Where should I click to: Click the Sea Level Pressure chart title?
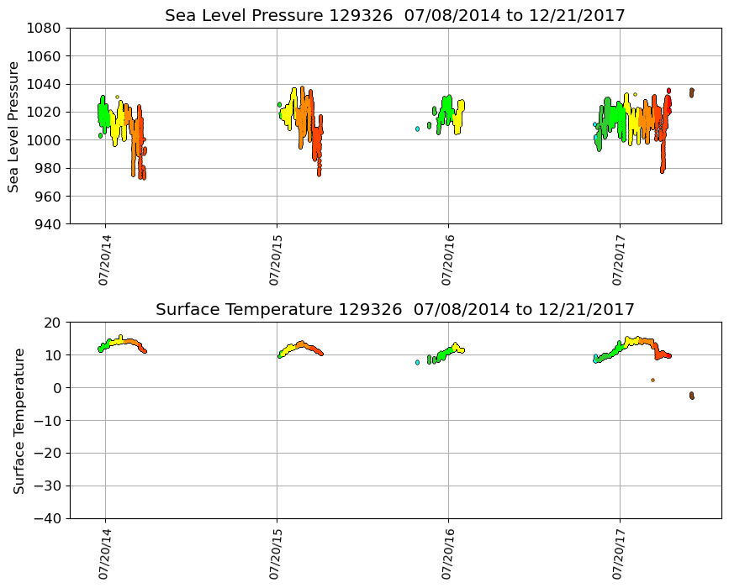tap(394, 16)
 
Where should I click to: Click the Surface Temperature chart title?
tap(394, 310)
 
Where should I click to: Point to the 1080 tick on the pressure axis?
tap(45, 28)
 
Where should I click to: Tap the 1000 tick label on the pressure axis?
tap(45, 140)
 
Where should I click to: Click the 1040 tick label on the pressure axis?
tap(45, 84)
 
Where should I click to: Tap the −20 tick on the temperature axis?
tap(49, 454)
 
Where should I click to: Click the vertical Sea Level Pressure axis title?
tap(13, 126)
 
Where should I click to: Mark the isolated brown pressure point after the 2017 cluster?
tap(691, 92)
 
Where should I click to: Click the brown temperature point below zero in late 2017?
tap(691, 395)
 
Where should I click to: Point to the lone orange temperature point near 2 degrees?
tap(652, 380)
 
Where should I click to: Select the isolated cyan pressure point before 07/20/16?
tap(417, 129)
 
